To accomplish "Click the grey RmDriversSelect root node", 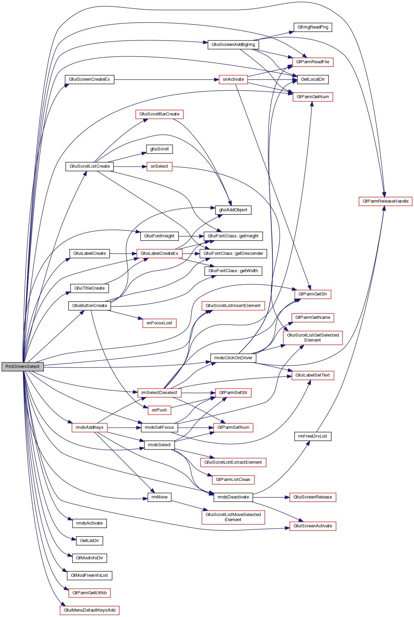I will pos(23,367).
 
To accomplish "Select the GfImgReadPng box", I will pos(313,27).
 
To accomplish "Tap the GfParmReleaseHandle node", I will pos(385,201).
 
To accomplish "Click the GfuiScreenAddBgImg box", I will pos(233,45).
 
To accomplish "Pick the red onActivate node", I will pos(233,79).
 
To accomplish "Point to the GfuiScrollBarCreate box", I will pos(159,114).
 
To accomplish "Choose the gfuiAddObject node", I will pos(233,210).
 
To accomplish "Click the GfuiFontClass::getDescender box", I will pos(233,254).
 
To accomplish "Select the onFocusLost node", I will pos(159,323).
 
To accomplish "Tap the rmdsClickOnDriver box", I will pos(233,358).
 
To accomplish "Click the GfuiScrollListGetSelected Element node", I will pos(313,338).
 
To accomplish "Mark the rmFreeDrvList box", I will pos(313,436).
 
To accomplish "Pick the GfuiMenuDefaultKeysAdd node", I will pos(89,610).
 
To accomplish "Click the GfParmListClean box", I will pos(233,480).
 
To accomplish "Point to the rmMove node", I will pos(159,497).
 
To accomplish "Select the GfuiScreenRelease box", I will pos(313,497).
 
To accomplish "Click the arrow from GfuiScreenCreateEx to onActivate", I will pos(165,79).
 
